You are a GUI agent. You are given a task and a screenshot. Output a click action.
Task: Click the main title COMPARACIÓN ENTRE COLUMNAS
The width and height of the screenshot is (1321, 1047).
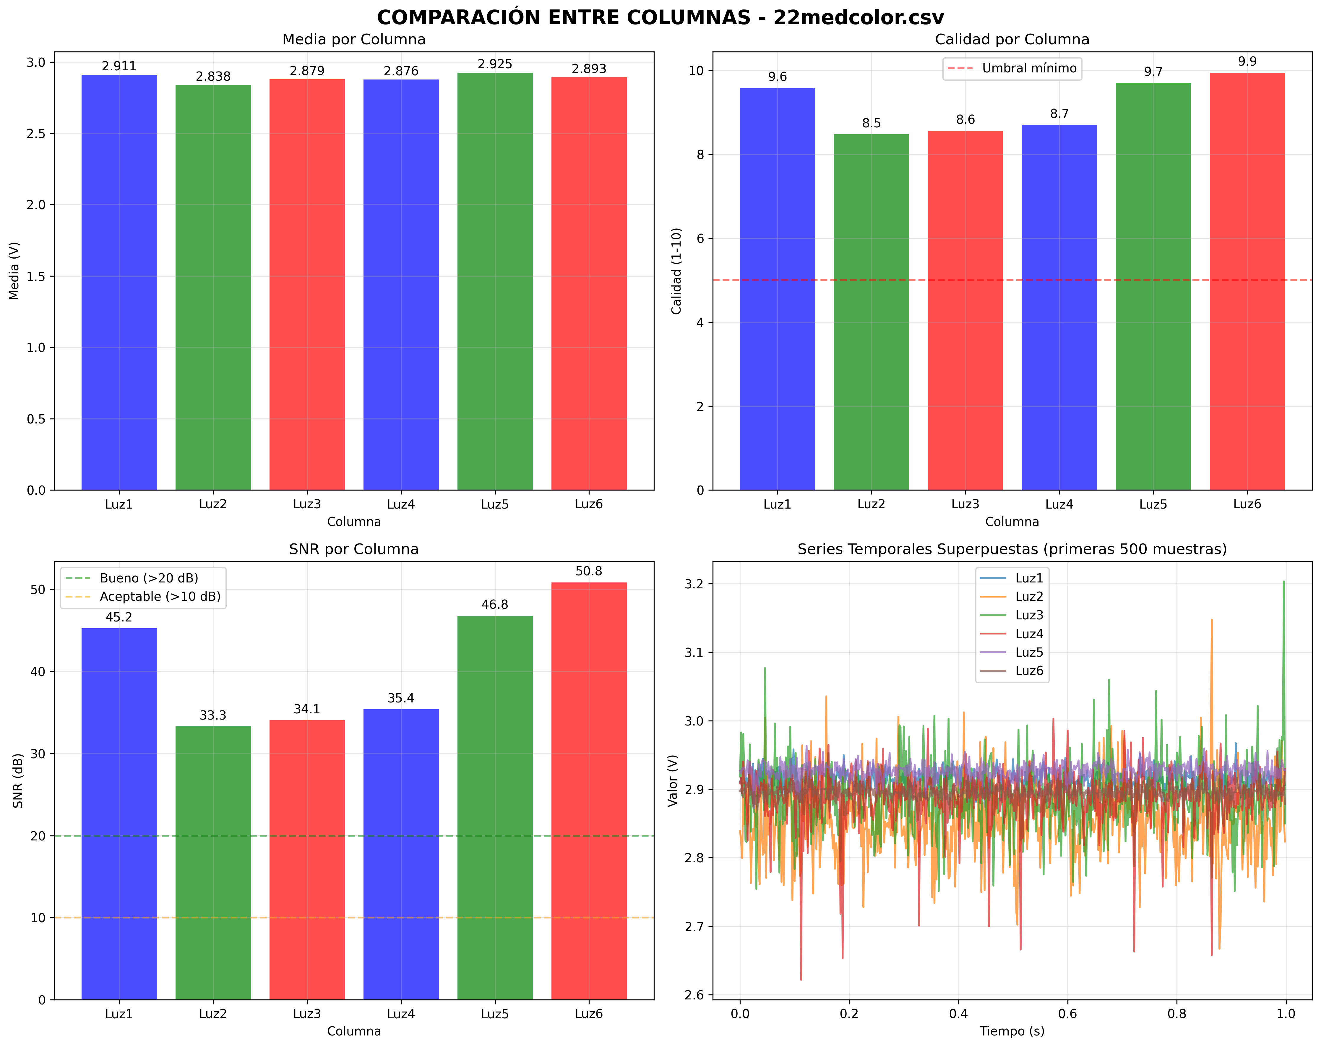click(x=660, y=17)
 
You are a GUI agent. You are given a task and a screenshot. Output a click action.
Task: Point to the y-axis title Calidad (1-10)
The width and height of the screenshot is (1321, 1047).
click(x=676, y=271)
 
